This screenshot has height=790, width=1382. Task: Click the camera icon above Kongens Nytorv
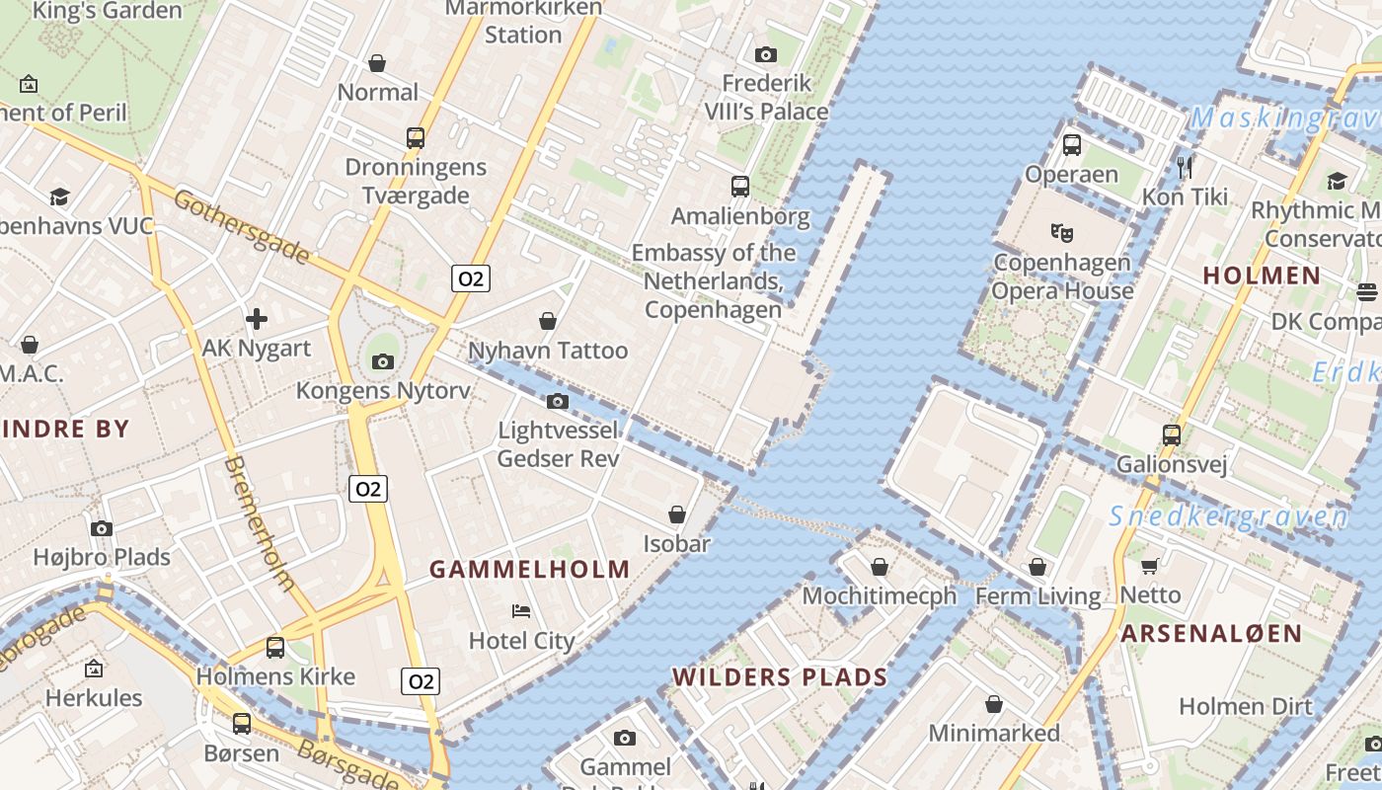(383, 361)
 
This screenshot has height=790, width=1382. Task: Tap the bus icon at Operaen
(1071, 145)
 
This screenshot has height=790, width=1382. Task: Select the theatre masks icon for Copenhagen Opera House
(1061, 233)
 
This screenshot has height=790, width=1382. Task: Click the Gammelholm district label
(530, 569)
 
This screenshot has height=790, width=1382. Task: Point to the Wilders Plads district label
(780, 676)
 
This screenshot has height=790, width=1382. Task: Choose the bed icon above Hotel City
(521, 611)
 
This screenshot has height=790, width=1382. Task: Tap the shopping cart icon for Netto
(1149, 566)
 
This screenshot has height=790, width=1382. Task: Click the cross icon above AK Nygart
(257, 318)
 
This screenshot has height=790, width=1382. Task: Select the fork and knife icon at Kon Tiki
(1185, 166)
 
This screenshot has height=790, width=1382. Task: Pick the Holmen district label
(1262, 276)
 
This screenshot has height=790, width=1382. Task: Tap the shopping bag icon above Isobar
(677, 513)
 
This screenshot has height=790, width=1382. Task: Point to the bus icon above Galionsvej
(1171, 434)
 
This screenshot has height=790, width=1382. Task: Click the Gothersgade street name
(241, 226)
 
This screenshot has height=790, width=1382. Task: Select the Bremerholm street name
(260, 522)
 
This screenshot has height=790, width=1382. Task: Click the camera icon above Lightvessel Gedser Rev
(558, 401)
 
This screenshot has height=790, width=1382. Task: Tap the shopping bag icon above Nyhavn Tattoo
(548, 321)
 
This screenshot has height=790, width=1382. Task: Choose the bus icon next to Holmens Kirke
(275, 648)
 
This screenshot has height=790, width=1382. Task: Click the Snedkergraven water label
(1228, 516)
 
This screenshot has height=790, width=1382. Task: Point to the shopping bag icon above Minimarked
(994, 704)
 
